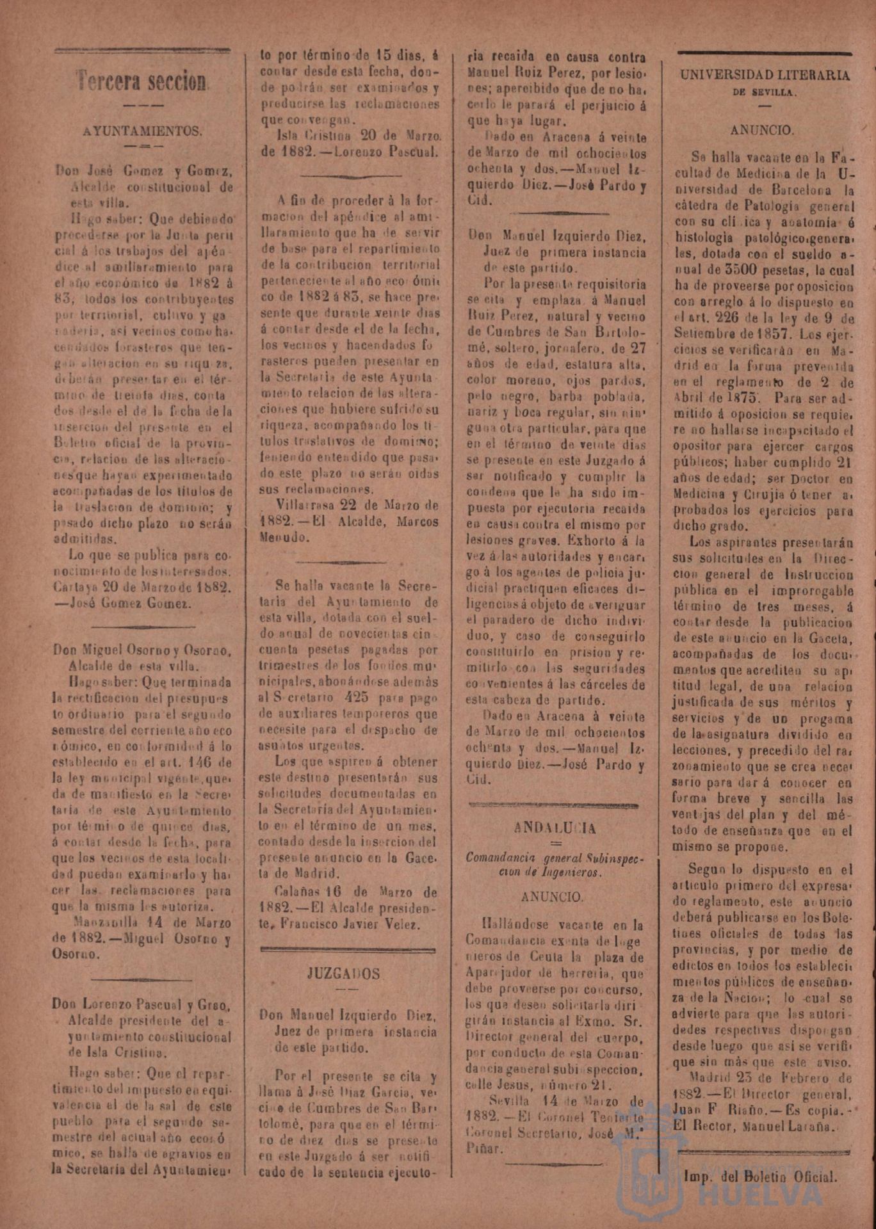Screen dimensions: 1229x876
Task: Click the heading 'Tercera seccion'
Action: [143, 81]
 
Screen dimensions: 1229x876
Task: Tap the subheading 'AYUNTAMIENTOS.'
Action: [143, 132]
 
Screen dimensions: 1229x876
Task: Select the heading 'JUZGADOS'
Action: [343, 974]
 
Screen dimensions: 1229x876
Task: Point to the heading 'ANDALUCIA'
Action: [555, 828]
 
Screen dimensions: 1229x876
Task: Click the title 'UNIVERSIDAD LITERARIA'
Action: [765, 76]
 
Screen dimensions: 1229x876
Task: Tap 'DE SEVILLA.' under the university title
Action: [765, 92]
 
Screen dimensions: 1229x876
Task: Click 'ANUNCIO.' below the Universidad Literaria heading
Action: [762, 130]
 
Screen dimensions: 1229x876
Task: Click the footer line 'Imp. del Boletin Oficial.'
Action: [760, 1176]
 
